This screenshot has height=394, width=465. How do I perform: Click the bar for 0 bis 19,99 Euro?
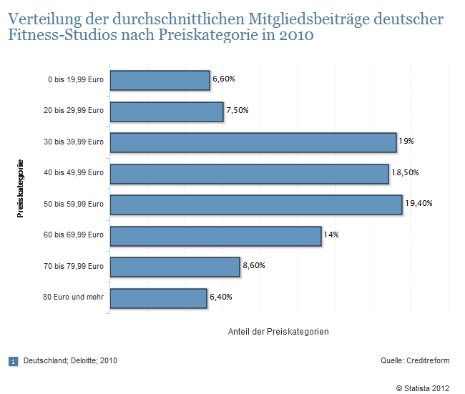[x=160, y=80]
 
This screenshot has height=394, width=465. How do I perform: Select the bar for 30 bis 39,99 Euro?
[x=253, y=142]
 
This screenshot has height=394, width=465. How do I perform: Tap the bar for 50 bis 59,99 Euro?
[x=255, y=205]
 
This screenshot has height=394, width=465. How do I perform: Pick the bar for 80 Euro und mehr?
[x=158, y=298]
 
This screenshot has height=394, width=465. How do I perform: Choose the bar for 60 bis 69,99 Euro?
[x=215, y=236]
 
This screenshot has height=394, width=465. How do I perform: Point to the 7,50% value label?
[x=238, y=111]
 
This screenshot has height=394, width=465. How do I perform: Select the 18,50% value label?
[x=405, y=173]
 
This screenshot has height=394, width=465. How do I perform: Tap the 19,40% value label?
[x=418, y=204]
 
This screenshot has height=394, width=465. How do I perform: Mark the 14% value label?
[x=331, y=235]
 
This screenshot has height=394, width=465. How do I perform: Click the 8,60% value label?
[x=254, y=266]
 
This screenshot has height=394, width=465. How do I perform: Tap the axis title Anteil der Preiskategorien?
[x=278, y=332]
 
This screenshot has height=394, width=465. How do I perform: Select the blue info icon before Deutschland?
[x=14, y=360]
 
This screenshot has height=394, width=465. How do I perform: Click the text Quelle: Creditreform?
[x=411, y=360]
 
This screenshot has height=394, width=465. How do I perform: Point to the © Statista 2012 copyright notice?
[x=416, y=388]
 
